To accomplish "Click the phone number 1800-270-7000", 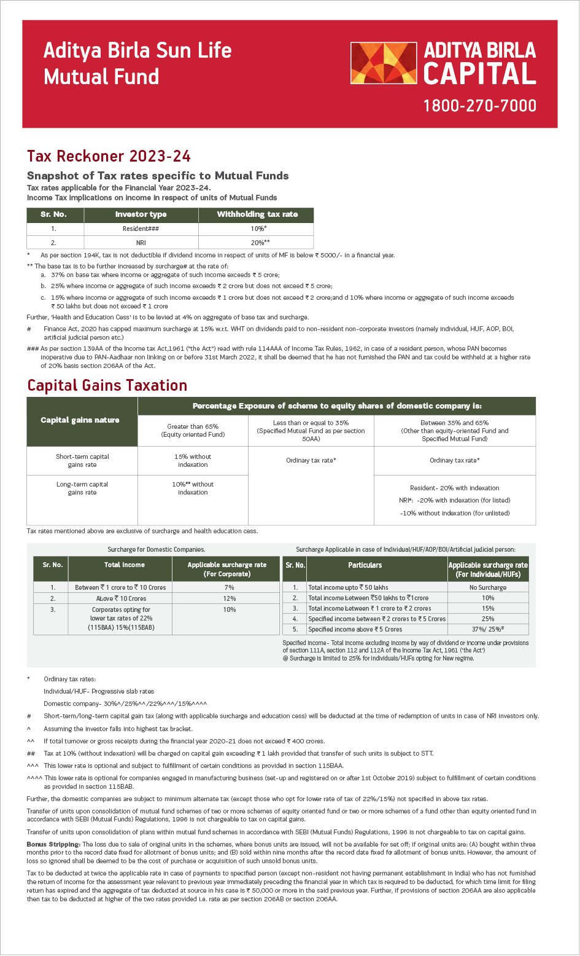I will (479, 106).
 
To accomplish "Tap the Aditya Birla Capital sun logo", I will (383, 63).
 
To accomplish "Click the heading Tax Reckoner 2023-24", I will (109, 156).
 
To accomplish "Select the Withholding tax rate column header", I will (257, 214).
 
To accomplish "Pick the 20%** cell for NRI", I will (257, 243).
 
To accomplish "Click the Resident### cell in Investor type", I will (141, 229).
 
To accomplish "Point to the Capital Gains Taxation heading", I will (107, 385).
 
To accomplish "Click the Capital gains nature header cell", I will (80, 420).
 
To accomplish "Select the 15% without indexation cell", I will (193, 461).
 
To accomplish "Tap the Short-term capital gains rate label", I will (82, 461).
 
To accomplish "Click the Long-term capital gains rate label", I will (82, 488).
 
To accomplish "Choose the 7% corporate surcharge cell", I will (229, 587).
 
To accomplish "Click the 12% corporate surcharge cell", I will (229, 598).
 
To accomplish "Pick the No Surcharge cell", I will (487, 587).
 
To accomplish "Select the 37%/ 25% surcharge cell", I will (487, 629).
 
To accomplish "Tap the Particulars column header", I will (365, 565).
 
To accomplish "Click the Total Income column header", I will (125, 565).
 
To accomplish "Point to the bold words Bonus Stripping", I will (53, 844).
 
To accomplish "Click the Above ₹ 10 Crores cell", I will (120, 598).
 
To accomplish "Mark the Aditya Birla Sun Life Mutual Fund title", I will (137, 63).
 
